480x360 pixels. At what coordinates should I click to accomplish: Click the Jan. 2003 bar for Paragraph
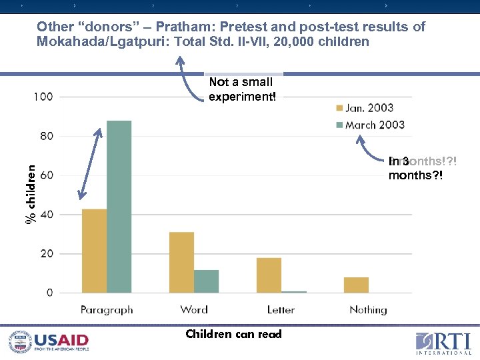pos(94,251)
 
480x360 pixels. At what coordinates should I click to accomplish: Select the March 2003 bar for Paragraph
pos(119,207)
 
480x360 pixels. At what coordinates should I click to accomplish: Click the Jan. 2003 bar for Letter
pos(269,275)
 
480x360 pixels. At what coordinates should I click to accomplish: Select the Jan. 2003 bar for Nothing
pos(356,285)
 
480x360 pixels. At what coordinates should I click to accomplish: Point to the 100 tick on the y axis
pos(43,97)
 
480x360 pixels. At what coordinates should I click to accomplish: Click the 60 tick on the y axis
pos(46,175)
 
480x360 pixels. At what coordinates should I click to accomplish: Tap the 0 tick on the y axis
pos(50,293)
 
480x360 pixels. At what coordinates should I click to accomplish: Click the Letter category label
pos(281,310)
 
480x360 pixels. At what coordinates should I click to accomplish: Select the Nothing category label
pos(368,310)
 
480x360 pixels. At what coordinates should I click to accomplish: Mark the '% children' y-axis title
pos(30,195)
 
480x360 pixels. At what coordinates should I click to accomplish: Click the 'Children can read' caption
pos(233,334)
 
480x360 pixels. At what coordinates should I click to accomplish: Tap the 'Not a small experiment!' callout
pos(241,89)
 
